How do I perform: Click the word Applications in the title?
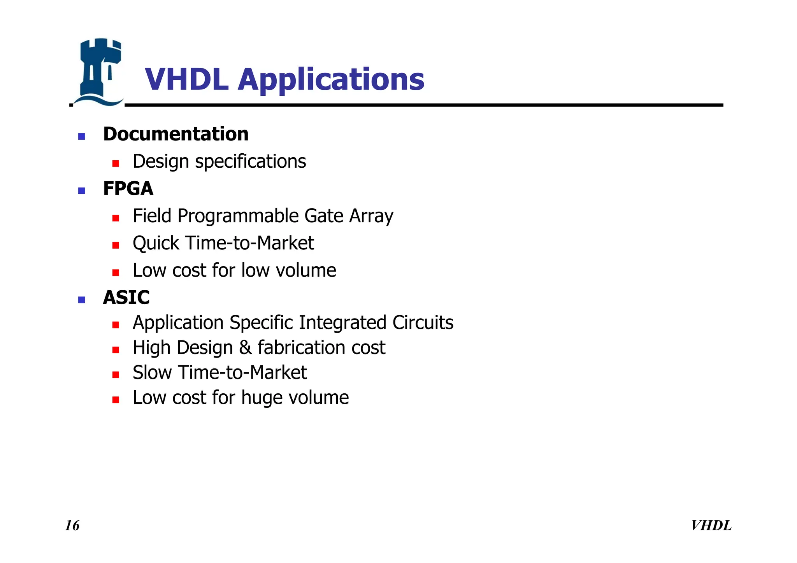point(331,80)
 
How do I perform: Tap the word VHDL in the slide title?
point(186,79)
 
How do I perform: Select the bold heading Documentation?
point(176,134)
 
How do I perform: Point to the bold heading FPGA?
point(128,189)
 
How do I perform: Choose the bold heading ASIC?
point(126,298)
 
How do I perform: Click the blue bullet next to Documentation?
point(81,136)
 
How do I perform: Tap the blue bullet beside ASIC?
point(81,300)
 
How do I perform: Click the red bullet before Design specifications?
point(116,163)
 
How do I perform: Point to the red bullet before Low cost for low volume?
point(116,272)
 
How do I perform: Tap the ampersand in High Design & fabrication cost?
point(245,348)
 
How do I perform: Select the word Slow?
point(152,373)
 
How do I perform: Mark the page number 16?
point(72,526)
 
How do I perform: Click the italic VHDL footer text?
point(711,526)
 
